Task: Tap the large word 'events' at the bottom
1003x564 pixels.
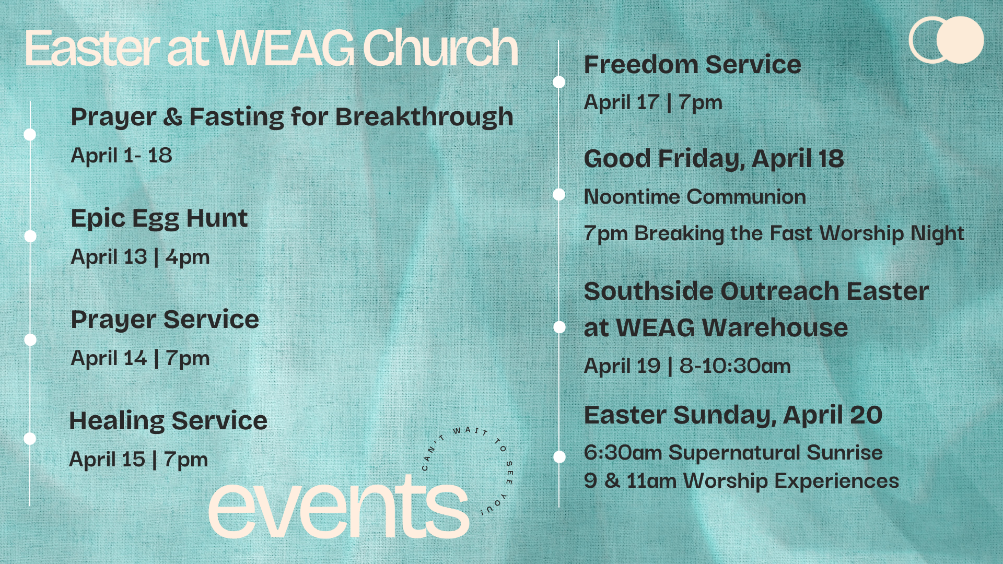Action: tap(339, 508)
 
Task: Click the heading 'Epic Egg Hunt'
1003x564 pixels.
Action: tap(159, 219)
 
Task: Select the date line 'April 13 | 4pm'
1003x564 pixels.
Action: tap(140, 257)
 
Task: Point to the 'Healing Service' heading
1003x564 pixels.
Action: tap(168, 421)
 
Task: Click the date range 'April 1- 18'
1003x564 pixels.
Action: tap(121, 156)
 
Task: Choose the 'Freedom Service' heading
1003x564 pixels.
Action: tap(692, 65)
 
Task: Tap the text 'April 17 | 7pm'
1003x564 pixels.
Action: tap(653, 102)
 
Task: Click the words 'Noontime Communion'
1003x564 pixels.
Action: tap(695, 197)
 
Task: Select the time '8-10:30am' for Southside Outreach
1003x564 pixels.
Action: tap(735, 366)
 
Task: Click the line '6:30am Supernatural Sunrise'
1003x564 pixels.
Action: tap(733, 453)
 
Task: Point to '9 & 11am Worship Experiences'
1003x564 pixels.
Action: tap(742, 481)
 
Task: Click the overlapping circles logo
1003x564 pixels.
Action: tap(946, 40)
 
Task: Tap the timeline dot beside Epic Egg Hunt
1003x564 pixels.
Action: tap(30, 236)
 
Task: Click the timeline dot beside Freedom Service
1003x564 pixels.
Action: tap(559, 82)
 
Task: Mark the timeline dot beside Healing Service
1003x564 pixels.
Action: tap(30, 438)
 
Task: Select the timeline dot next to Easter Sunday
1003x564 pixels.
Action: tap(559, 456)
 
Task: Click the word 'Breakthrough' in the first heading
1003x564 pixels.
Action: tap(424, 117)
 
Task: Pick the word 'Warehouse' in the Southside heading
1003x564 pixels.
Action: tap(775, 328)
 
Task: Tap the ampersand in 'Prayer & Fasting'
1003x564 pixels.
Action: tap(172, 117)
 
